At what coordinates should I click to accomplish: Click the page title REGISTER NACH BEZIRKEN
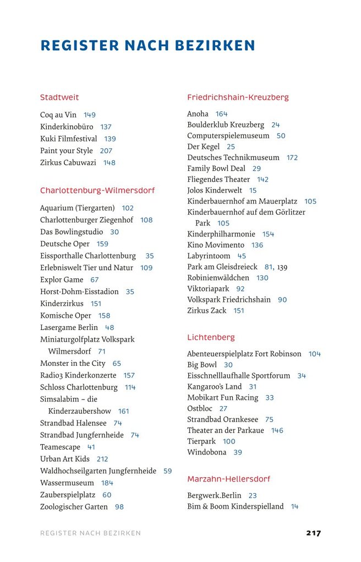pyautogui.click(x=147, y=45)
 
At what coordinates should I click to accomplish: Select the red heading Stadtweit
pyautogui.click(x=59, y=98)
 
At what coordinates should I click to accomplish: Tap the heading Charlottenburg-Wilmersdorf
pyautogui.click(x=97, y=191)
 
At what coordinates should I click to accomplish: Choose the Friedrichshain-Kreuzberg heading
pyautogui.click(x=238, y=98)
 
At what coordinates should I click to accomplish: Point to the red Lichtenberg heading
pyautogui.click(x=211, y=337)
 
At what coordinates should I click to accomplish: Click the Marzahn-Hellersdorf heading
pyautogui.click(x=228, y=479)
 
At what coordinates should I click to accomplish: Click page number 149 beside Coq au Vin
pyautogui.click(x=90, y=115)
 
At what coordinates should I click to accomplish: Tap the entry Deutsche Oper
pyautogui.click(x=65, y=244)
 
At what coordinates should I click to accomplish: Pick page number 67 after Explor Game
pyautogui.click(x=95, y=280)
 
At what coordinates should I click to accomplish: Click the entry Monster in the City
pyautogui.click(x=73, y=364)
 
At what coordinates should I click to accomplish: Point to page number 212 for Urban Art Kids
pyautogui.click(x=102, y=459)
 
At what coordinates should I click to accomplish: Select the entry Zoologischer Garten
pyautogui.click(x=74, y=507)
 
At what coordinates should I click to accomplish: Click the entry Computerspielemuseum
pyautogui.click(x=228, y=136)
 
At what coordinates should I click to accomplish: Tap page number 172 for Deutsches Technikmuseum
pyautogui.click(x=292, y=158)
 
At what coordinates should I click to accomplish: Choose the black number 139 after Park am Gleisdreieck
pyautogui.click(x=282, y=267)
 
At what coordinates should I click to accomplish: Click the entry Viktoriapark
pyautogui.click(x=208, y=289)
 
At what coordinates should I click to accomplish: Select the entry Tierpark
pyautogui.click(x=201, y=441)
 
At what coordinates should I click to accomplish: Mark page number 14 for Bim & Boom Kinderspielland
pyautogui.click(x=294, y=507)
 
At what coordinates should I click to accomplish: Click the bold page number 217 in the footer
pyautogui.click(x=313, y=533)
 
